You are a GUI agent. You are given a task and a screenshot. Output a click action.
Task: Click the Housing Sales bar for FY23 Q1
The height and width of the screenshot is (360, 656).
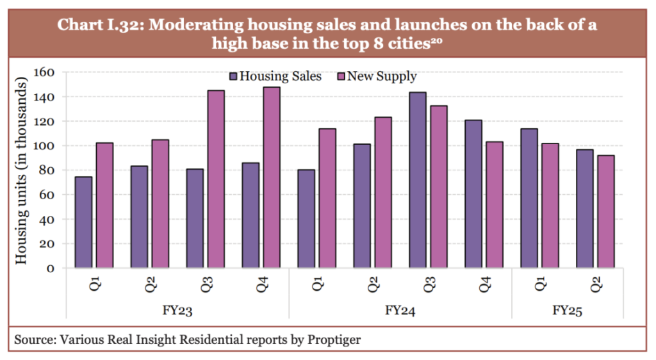click(x=83, y=222)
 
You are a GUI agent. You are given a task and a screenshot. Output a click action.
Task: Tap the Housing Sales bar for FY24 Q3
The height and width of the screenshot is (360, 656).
click(x=417, y=180)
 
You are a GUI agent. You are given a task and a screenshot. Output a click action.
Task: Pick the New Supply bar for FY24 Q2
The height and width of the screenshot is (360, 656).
click(x=382, y=192)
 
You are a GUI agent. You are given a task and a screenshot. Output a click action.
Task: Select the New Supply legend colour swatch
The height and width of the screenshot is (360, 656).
click(x=340, y=77)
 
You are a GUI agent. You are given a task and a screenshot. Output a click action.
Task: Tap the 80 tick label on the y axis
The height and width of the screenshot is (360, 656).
click(x=48, y=170)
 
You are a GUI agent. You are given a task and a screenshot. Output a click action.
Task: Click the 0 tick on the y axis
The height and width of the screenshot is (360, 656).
click(x=51, y=268)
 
